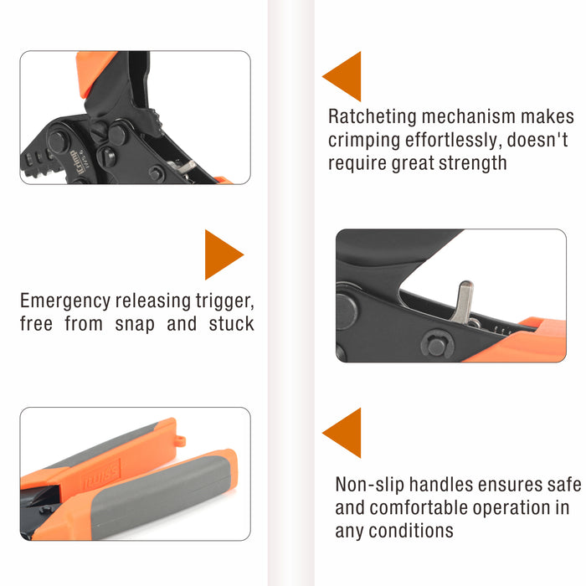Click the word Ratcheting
[373, 117]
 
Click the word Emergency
[65, 301]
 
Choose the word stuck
[232, 324]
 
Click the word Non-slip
[370, 485]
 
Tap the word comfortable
[419, 507]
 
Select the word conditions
[411, 531]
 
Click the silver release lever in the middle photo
[463, 302]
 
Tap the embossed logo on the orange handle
[101, 474]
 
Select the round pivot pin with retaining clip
[436, 345]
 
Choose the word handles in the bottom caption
[441, 485]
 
